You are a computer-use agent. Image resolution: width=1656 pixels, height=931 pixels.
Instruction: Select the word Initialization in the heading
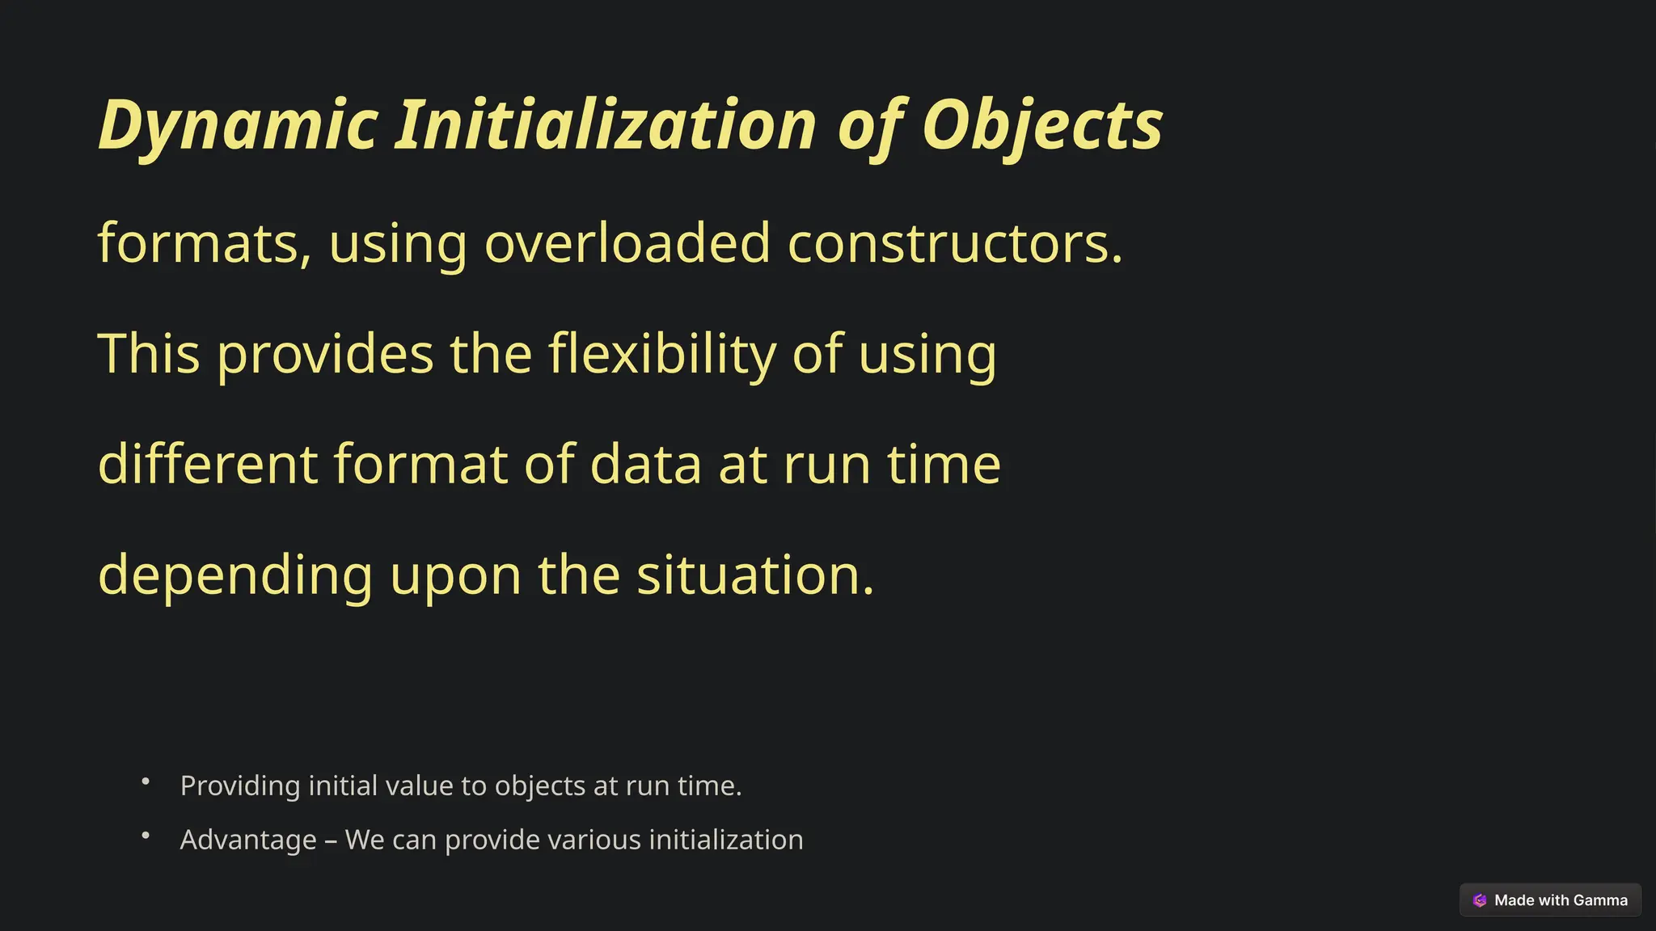click(x=605, y=125)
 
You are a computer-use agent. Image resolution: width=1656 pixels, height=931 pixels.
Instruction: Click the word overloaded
click(x=627, y=243)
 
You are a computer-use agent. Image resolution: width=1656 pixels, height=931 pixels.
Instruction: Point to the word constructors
click(x=954, y=243)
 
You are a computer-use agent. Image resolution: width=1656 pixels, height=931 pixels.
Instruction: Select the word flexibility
click(x=661, y=355)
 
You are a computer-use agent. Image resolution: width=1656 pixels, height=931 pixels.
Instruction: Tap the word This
click(x=149, y=355)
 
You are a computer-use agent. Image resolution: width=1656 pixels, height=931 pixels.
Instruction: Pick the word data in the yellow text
click(x=645, y=465)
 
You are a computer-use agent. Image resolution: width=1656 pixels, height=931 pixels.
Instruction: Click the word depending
click(x=235, y=576)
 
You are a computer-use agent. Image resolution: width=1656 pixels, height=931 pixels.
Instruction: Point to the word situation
click(x=754, y=575)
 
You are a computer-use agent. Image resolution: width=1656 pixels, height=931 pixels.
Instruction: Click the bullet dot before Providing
click(x=146, y=781)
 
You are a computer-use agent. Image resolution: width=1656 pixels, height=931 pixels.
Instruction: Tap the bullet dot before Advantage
click(x=146, y=836)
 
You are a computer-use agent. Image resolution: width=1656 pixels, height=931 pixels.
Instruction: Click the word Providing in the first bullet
click(x=240, y=786)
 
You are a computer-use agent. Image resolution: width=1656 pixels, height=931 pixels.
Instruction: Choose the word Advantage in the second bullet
click(x=248, y=840)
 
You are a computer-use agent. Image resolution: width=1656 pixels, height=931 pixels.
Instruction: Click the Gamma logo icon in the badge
click(x=1480, y=900)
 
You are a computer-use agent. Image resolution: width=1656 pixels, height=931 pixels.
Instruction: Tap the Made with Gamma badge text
click(x=1560, y=900)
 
